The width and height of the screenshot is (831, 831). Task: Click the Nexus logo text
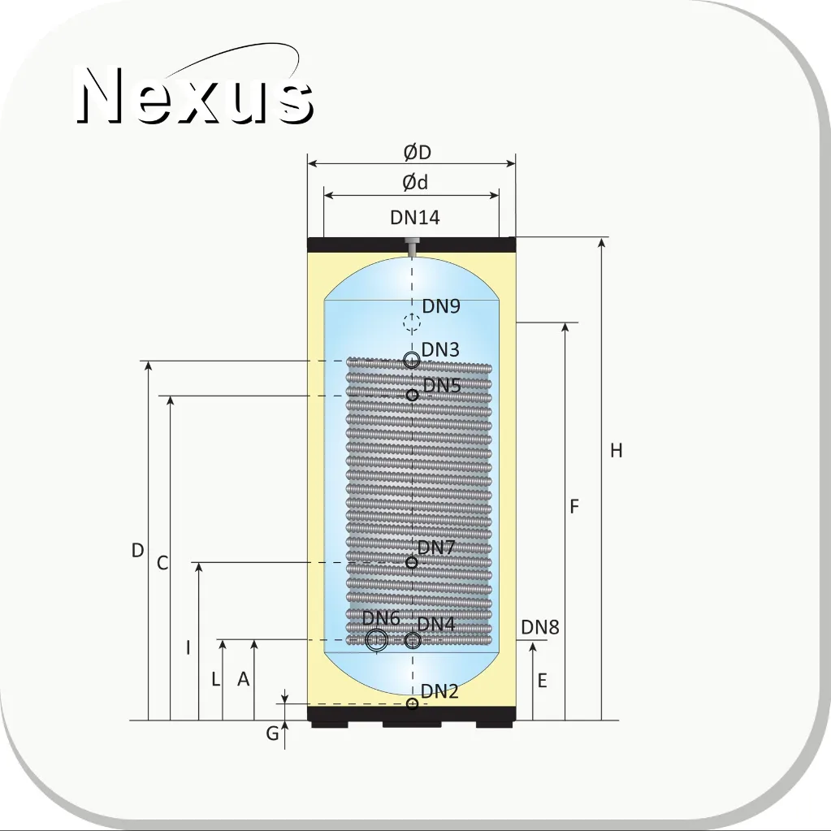click(194, 95)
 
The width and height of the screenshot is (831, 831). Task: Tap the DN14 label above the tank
click(415, 218)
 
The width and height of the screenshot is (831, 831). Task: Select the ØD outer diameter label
click(417, 153)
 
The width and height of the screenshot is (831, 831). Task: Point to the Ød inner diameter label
click(415, 182)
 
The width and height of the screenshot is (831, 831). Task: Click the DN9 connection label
click(441, 305)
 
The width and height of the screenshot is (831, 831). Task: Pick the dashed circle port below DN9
click(412, 322)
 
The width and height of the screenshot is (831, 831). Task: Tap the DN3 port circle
click(412, 361)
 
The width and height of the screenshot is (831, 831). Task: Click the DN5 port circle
click(413, 395)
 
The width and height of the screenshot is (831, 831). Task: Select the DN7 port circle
click(412, 563)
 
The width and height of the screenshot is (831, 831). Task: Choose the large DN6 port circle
click(377, 640)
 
